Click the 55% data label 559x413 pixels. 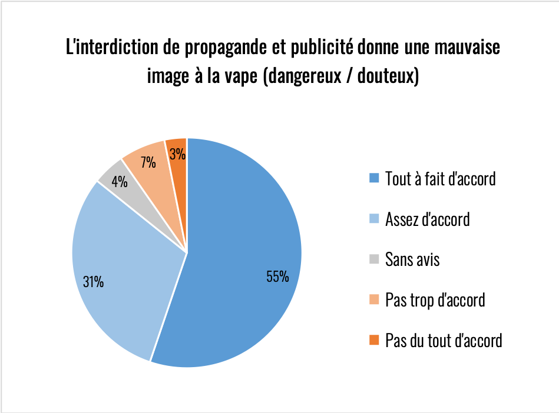(277, 277)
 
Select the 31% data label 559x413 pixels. (93, 282)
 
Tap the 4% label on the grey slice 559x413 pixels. (120, 182)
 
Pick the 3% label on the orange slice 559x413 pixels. (177, 155)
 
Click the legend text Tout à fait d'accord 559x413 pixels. (440, 178)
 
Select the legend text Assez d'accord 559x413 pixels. (427, 219)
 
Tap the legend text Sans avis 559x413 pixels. (412, 259)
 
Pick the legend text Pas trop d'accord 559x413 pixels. (435, 299)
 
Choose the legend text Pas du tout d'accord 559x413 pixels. (444, 340)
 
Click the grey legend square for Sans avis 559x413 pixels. (374, 259)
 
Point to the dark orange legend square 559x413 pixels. (374, 340)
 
